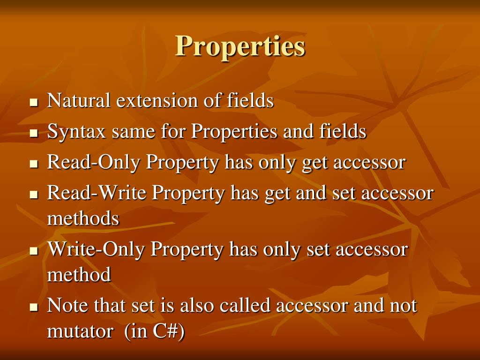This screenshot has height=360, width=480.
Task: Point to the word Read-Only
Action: click(94, 163)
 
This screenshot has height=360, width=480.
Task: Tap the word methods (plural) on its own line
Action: click(83, 218)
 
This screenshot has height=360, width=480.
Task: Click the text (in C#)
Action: click(155, 331)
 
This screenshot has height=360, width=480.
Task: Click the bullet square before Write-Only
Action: click(33, 251)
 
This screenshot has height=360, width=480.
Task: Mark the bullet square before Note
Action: click(33, 307)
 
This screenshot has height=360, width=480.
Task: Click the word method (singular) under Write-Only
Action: click(79, 275)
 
